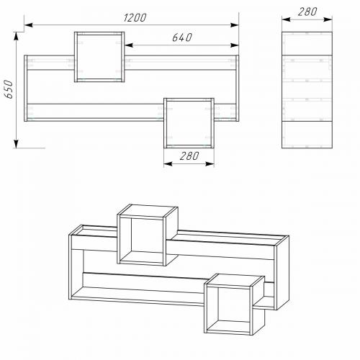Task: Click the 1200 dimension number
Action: pos(135,18)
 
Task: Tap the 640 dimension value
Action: pos(182,37)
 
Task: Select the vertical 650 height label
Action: pos(9,89)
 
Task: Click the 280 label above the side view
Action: pos(307,12)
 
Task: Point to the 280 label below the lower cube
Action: pos(189,156)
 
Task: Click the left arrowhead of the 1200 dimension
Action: pos(29,24)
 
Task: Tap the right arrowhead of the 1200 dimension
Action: pos(235,24)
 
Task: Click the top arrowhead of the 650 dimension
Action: pos(16,36)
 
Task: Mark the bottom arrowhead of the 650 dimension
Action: pos(16,144)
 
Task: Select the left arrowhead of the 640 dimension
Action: pos(129,45)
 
